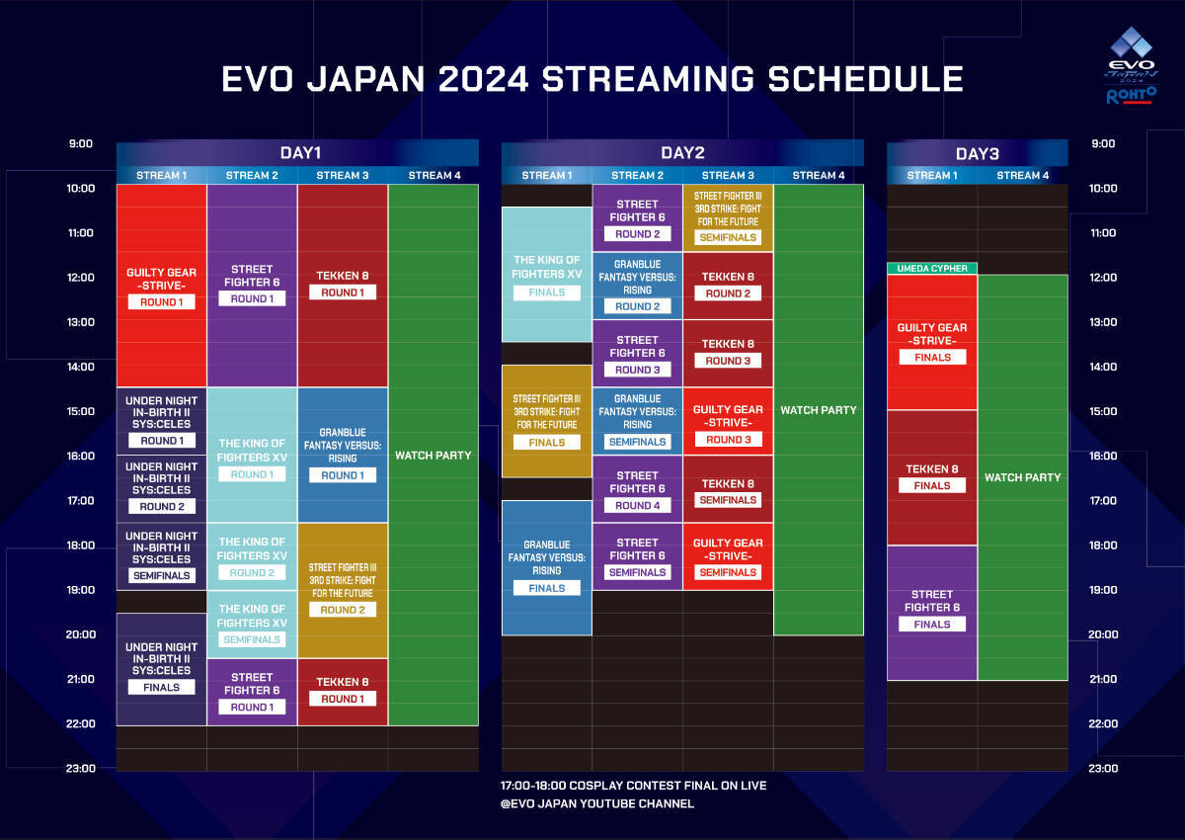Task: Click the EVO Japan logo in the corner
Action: coord(1131,65)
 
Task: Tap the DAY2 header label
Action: coord(682,153)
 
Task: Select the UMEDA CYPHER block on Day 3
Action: coord(931,269)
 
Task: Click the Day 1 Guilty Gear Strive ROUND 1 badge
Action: coord(161,302)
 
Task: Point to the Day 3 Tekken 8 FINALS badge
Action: coord(932,485)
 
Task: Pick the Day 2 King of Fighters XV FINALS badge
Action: coord(547,293)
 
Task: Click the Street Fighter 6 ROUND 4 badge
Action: coord(638,505)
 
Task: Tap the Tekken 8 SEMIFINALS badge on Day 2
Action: coord(728,500)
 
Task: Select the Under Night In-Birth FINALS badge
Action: coord(161,687)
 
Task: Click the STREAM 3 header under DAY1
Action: coord(343,175)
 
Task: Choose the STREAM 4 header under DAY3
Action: coord(1023,175)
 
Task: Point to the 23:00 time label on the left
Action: coord(81,768)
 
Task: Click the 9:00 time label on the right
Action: coord(1103,143)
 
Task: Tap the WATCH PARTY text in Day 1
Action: coord(434,456)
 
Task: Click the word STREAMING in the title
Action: coord(648,79)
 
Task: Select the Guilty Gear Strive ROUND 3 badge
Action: coord(728,440)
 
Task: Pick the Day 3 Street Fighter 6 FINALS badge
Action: coord(932,624)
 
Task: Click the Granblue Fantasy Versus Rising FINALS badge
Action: coord(547,588)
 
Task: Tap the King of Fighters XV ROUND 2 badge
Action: coord(252,573)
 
